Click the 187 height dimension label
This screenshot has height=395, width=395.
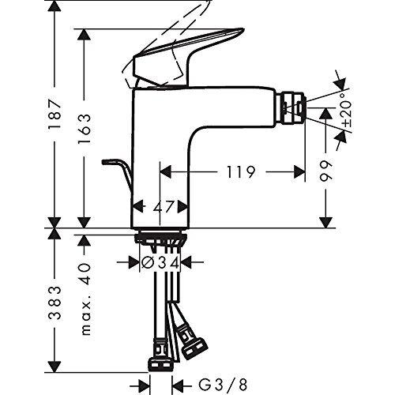tap(55, 114)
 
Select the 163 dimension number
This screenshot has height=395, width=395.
tap(85, 129)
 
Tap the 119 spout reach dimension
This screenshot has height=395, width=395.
tap(241, 172)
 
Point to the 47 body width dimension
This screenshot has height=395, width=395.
tap(164, 206)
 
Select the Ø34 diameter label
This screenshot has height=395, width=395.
tap(160, 262)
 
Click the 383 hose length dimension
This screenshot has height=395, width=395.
tap(55, 303)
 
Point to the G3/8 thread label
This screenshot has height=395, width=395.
tap(223, 386)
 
